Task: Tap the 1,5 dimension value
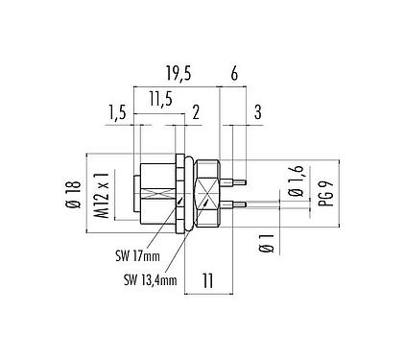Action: [117, 112]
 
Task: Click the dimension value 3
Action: [257, 112]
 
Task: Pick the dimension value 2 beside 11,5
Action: [196, 112]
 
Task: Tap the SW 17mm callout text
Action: [131, 256]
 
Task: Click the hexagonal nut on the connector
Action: [209, 191]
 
